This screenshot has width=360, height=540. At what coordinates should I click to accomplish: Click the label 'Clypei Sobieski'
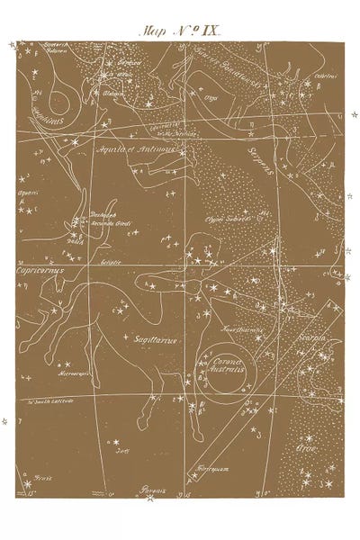click(226, 218)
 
